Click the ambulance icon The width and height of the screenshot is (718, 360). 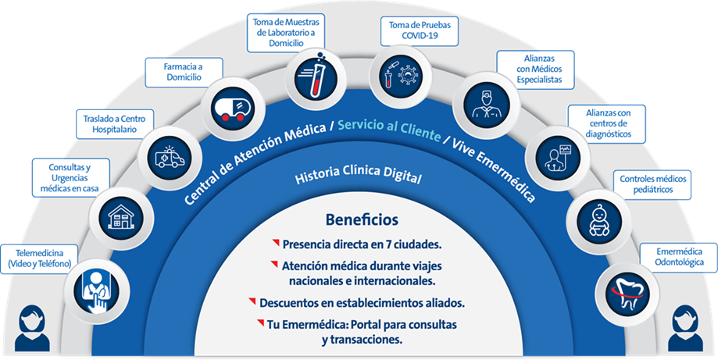(170, 157)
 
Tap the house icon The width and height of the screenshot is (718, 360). (122, 216)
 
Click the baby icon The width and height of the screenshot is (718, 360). (599, 221)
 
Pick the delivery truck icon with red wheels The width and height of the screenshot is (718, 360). (233, 109)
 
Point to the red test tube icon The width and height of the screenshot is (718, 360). (311, 77)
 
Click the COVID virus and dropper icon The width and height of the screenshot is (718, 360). (400, 74)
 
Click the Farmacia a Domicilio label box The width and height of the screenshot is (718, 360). (184, 73)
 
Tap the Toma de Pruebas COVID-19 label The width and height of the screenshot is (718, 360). (420, 30)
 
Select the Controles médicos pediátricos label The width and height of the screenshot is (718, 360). (653, 185)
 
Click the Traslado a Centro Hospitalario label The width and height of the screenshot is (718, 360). (115, 124)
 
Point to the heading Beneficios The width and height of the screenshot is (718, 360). (362, 220)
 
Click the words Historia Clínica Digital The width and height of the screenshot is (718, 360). (358, 175)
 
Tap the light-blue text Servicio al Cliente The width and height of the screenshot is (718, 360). (390, 129)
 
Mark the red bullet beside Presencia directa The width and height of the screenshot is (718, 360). (276, 242)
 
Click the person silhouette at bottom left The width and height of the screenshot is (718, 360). (32, 329)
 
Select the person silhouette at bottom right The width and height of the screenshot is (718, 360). (685, 329)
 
